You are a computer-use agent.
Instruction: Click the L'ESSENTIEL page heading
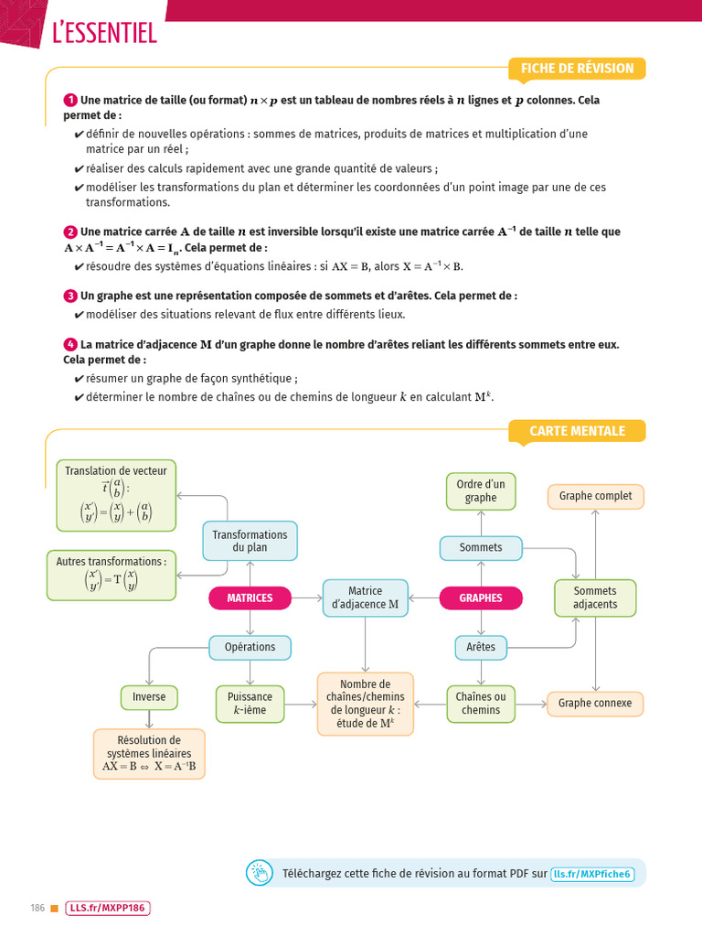[x=105, y=34]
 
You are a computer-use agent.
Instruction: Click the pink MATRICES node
[x=250, y=598]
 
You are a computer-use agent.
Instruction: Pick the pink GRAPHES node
[x=481, y=598]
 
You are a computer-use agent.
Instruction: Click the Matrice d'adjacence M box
[x=366, y=598]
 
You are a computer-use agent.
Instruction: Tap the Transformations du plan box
[x=250, y=541]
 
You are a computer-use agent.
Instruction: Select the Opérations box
[x=250, y=647]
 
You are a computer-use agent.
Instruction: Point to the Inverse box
[x=149, y=697]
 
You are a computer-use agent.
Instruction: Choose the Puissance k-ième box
[x=250, y=704]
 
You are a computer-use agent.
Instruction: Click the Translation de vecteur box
[x=116, y=495]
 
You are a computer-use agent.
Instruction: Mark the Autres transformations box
[x=112, y=575]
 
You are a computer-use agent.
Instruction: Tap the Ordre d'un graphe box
[x=481, y=491]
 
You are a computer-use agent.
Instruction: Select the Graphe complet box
[x=595, y=497]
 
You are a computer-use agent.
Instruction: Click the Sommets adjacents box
[x=595, y=598]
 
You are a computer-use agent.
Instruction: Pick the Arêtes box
[x=481, y=647]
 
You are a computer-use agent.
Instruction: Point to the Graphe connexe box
[x=595, y=704]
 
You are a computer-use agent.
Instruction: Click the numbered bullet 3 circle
[x=69, y=296]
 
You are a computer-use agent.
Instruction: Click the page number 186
[x=37, y=909]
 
